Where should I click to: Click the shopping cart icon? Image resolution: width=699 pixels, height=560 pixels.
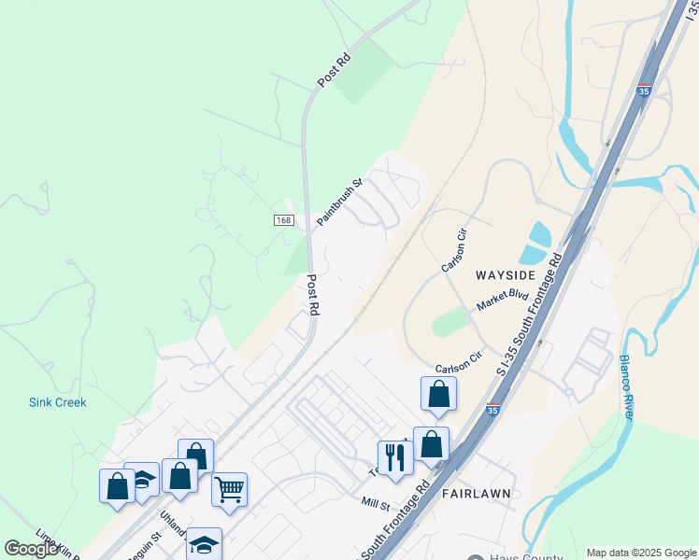point(229,489)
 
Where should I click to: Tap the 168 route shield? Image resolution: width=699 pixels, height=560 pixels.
point(285,219)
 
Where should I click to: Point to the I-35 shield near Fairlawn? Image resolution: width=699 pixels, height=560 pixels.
point(492,409)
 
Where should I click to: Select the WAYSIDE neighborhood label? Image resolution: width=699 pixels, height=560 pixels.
point(505,275)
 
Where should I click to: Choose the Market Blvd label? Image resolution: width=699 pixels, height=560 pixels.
point(504,300)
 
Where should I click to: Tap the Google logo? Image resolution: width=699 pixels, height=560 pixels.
point(32,549)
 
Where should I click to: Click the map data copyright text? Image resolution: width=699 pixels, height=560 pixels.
point(640,553)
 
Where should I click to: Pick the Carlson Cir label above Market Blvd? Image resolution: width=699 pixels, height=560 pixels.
point(454,250)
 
